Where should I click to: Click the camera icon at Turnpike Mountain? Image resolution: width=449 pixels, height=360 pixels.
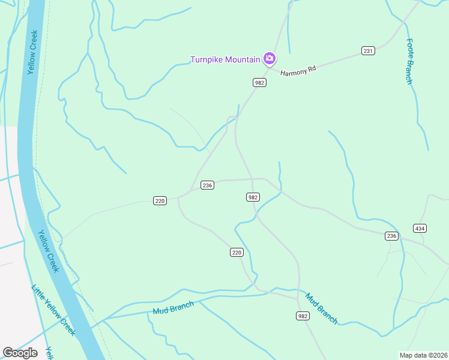[x=270, y=58]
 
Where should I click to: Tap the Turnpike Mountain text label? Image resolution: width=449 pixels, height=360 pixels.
[x=225, y=59]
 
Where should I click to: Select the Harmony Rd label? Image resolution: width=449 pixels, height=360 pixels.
[x=298, y=70]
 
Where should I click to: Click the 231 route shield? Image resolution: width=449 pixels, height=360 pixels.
[x=368, y=50]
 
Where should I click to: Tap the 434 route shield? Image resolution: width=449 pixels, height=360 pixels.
[x=420, y=228]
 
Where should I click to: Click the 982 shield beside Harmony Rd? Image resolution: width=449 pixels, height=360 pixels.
[x=259, y=82]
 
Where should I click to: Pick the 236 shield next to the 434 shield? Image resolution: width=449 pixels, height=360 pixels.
[x=391, y=236]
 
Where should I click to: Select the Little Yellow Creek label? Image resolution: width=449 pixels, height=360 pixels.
[x=53, y=310]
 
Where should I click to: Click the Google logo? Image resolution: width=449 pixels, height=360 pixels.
[x=20, y=353]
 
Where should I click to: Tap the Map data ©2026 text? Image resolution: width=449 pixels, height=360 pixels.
[x=423, y=355]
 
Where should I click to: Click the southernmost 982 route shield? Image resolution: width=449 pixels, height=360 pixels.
[x=303, y=316]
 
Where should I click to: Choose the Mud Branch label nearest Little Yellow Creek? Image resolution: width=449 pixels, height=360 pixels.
[x=173, y=308]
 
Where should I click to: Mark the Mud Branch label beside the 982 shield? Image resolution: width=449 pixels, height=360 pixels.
[x=321, y=308]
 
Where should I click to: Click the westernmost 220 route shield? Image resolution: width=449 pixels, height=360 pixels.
[x=159, y=200]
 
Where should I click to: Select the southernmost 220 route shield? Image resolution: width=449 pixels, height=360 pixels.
[x=237, y=253]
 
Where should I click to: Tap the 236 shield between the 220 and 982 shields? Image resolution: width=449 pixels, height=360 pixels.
[x=207, y=185]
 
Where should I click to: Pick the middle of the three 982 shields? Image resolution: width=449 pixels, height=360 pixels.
[x=253, y=197]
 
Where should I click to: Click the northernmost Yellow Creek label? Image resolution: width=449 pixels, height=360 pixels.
[x=33, y=52]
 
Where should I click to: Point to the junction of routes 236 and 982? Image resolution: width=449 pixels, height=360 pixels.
[x=252, y=179]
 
